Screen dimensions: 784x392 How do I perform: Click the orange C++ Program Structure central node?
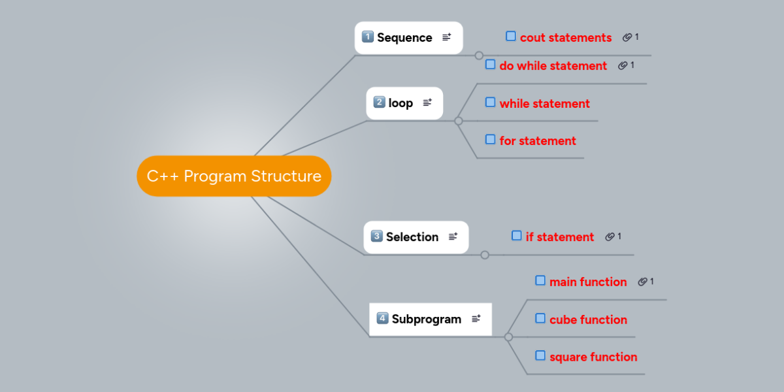[x=234, y=176]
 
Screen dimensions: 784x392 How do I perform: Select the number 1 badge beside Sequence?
[x=367, y=37]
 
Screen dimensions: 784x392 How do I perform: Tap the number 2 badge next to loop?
[x=379, y=102]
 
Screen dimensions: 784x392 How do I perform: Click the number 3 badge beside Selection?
[x=376, y=236]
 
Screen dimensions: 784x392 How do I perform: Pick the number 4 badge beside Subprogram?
[x=382, y=318]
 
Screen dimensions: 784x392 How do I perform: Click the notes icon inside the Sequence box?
[x=447, y=37]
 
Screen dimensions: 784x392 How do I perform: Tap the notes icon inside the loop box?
[x=427, y=102]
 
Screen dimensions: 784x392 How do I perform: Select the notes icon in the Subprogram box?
[x=476, y=319]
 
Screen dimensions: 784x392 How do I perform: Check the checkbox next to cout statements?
[x=511, y=36]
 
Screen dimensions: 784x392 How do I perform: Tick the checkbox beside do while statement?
[x=490, y=65]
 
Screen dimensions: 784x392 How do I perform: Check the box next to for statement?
[x=490, y=139]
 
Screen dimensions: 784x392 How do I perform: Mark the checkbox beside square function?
[x=540, y=355]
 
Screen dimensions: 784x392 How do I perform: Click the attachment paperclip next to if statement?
[x=610, y=237]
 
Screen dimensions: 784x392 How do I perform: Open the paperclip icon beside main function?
[x=642, y=282]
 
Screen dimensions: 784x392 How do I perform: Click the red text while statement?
[x=545, y=104]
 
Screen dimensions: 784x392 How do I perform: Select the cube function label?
[x=588, y=319]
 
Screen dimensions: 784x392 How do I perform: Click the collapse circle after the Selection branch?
[x=485, y=255]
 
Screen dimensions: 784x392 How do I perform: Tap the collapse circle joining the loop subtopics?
[x=459, y=121]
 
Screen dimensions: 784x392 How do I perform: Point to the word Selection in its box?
[x=412, y=237]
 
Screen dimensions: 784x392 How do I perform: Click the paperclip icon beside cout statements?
[x=627, y=37]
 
